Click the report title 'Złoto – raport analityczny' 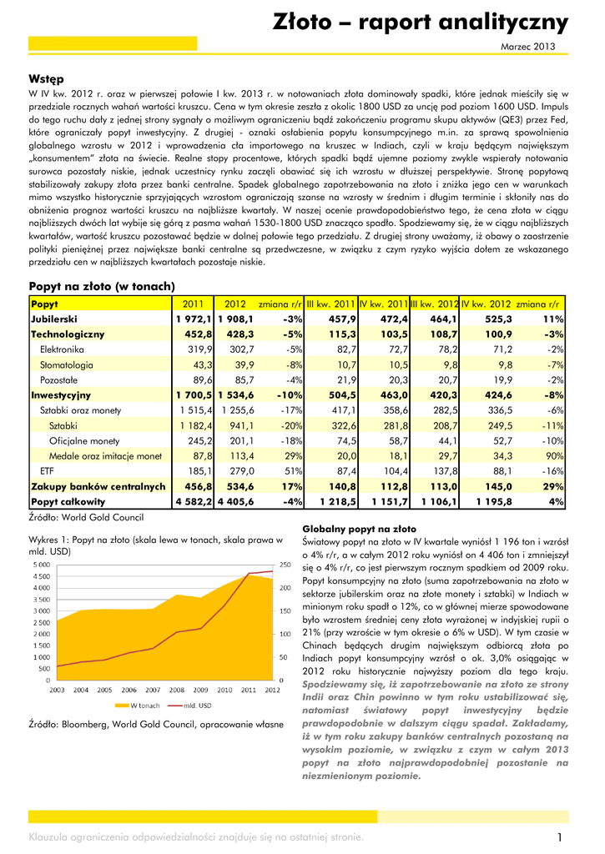[421, 22]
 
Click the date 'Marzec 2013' [527, 48]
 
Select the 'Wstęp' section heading [46, 79]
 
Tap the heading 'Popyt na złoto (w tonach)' [102, 286]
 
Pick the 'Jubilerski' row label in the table [54, 319]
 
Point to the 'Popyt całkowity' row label [68, 502]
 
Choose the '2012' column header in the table [235, 304]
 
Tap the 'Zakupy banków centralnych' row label [98, 486]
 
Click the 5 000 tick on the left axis [40, 565]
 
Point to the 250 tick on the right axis [285, 565]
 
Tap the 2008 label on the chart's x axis [176, 690]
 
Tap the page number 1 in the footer [559, 836]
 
